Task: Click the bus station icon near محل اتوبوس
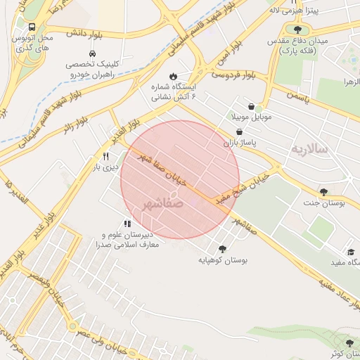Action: click(x=30, y=26)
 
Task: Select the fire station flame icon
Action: click(x=174, y=77)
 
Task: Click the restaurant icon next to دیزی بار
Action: click(x=105, y=156)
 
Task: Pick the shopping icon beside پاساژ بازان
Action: click(x=239, y=131)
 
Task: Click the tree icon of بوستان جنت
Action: click(x=323, y=192)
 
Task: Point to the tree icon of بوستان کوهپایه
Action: click(x=223, y=249)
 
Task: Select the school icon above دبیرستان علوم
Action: click(x=127, y=224)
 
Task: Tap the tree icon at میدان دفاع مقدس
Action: click(x=298, y=30)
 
